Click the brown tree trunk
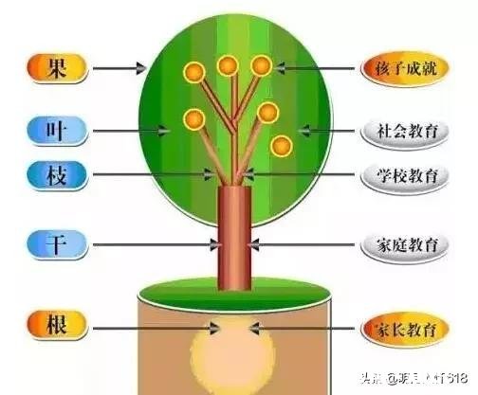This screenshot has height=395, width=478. point(233,237)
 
